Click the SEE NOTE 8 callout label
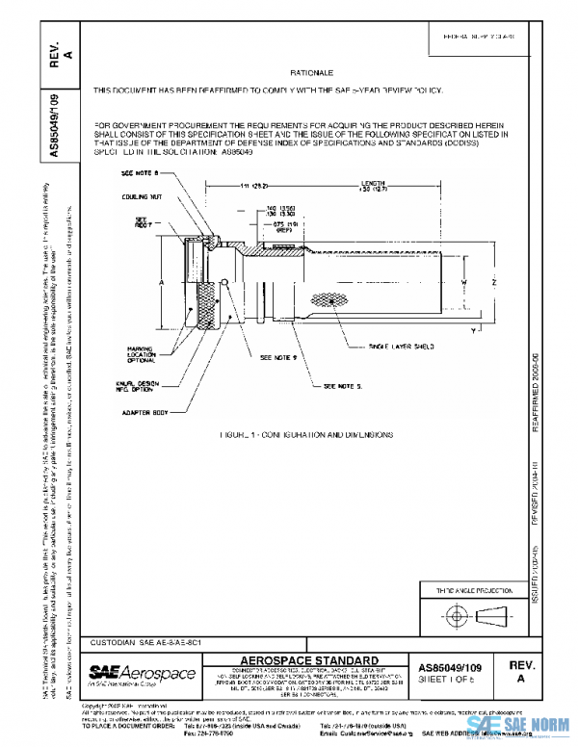[x=140, y=173]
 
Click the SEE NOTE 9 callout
[x=280, y=357]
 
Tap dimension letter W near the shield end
[x=463, y=282]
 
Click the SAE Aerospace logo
[x=142, y=672]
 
